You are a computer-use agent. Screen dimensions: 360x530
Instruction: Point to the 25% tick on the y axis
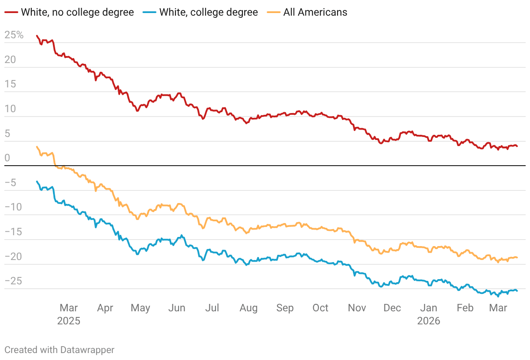pos(14,35)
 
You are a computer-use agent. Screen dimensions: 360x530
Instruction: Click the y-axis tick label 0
pos(7,158)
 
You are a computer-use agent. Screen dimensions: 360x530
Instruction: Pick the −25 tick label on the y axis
pos(13,281)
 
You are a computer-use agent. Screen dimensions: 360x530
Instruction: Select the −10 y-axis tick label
pos(13,207)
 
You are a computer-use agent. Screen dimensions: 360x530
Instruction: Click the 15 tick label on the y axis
pos(10,84)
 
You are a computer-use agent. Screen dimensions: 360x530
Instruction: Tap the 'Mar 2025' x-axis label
pos(69,314)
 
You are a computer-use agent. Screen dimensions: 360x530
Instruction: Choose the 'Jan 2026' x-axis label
pos(428,314)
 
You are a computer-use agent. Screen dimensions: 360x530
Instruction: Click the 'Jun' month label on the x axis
pos(177,308)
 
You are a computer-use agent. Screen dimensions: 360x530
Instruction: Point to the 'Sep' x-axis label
pos(285,308)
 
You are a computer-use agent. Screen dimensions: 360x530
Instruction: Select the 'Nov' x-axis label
pos(357,308)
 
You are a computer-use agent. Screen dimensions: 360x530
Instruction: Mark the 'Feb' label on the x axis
pos(465,308)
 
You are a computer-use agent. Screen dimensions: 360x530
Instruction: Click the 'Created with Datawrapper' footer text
pos(60,350)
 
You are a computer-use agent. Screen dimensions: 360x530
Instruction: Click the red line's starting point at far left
pos(37,36)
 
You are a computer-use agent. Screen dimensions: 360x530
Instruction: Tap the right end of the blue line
pos(517,291)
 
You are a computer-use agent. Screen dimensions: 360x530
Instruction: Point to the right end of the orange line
pos(517,257)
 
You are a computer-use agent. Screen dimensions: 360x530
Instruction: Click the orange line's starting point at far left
pos(37,147)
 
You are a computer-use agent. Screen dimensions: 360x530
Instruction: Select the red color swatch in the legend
pos(11,12)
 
